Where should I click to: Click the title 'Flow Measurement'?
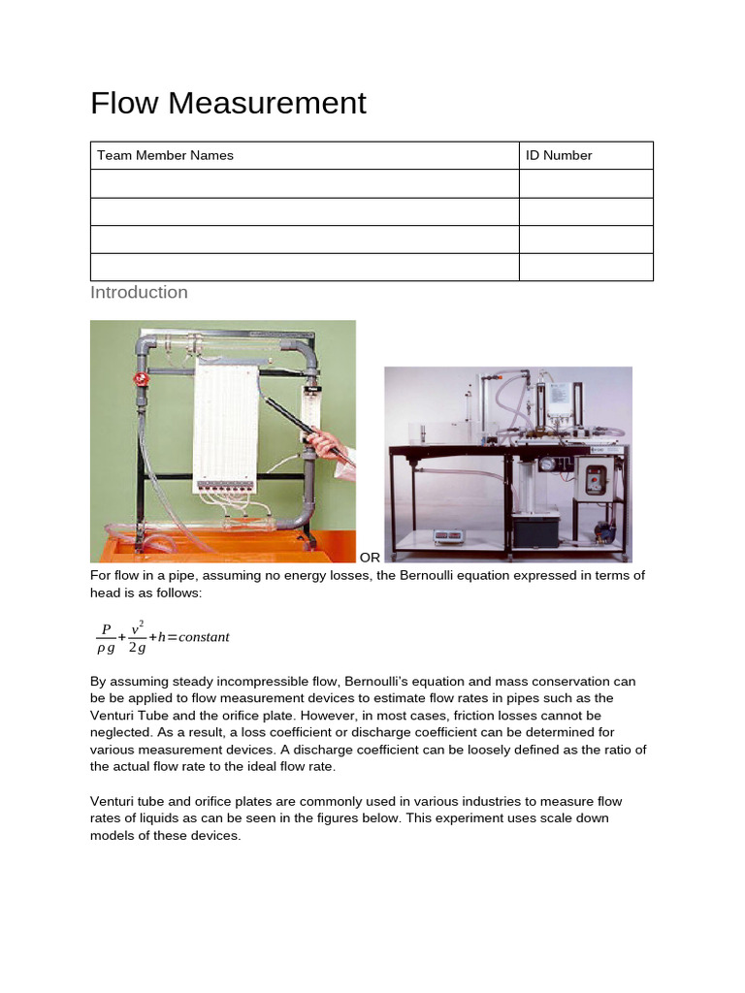click(x=228, y=103)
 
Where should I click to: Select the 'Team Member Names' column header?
click(x=165, y=155)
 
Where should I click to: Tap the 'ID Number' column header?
click(x=559, y=155)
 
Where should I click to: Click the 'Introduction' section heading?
click(x=139, y=292)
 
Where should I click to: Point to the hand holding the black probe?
click(x=328, y=445)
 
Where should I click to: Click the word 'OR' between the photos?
click(x=370, y=558)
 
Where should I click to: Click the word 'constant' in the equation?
click(x=200, y=637)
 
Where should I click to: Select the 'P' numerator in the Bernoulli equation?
click(x=106, y=629)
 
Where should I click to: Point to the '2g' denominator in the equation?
click(x=137, y=648)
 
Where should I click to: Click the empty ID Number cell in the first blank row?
click(x=586, y=183)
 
